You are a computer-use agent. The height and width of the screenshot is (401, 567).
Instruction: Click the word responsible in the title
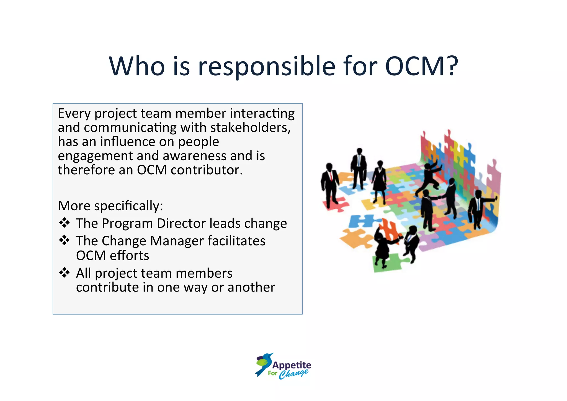click(266, 67)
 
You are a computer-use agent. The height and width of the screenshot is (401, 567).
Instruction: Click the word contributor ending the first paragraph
click(206, 170)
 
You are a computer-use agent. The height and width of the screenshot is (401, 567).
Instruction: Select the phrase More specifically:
click(110, 206)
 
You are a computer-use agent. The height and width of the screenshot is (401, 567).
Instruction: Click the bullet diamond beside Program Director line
click(64, 223)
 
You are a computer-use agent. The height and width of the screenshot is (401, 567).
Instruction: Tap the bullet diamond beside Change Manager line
click(64, 240)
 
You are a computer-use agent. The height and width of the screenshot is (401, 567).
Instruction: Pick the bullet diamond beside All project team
click(64, 273)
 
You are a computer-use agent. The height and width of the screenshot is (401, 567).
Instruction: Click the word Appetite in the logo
click(292, 365)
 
